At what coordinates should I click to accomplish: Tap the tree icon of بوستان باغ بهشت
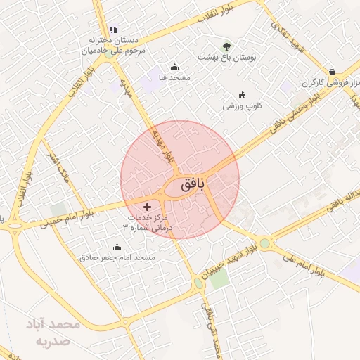coord(226,46)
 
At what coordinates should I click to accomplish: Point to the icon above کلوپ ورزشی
coord(243,95)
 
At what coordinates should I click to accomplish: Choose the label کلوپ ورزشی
coord(243,106)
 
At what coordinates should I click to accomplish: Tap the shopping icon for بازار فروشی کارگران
coord(331,71)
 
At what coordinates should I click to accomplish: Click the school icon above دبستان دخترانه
coord(113,30)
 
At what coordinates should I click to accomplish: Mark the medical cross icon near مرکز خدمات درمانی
coord(147,207)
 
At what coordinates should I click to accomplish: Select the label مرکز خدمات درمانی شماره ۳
coord(151,224)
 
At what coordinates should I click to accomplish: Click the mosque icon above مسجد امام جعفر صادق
coord(117,247)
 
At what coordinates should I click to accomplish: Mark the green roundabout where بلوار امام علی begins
coord(264,243)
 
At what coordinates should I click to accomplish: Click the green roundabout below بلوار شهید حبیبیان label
coord(198,283)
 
